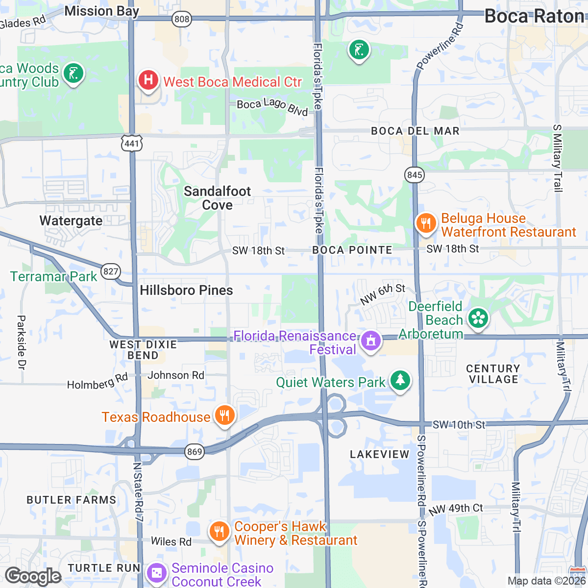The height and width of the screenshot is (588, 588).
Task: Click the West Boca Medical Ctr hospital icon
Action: point(148,80)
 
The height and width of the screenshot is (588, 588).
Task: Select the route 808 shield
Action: point(181,19)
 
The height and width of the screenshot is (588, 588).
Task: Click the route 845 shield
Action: point(415,175)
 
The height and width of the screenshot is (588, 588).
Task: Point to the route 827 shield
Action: point(111,271)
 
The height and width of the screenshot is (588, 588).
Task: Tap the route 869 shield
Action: point(195,451)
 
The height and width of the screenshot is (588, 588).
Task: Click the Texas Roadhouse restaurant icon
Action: point(224,416)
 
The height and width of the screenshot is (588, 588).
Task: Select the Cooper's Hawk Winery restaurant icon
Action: point(219,531)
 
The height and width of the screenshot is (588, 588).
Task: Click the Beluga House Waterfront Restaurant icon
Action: point(426,223)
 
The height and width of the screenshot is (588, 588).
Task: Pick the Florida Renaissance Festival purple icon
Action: point(370,340)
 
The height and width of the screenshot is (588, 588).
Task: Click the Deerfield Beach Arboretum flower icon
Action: point(478,318)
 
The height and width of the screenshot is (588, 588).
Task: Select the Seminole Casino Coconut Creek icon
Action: point(157,573)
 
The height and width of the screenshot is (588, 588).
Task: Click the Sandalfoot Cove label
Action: point(218,198)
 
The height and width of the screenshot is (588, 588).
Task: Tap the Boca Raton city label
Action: point(534,17)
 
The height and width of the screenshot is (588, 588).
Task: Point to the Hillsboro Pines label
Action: point(186,290)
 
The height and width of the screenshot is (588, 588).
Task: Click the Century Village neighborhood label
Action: point(493,374)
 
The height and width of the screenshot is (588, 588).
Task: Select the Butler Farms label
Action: point(72,500)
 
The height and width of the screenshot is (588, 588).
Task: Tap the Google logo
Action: point(33,576)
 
